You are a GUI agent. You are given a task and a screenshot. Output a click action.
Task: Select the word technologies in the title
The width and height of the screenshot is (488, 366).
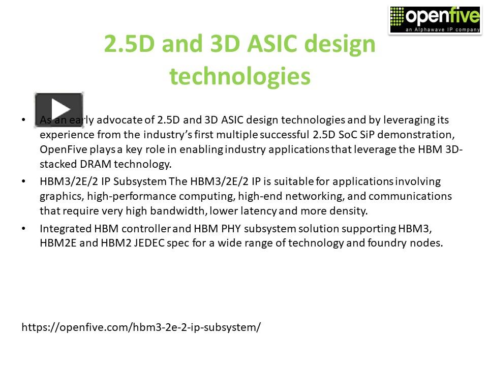pos(240,76)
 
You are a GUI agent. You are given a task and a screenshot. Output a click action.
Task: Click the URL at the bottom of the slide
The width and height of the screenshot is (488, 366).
pos(141,327)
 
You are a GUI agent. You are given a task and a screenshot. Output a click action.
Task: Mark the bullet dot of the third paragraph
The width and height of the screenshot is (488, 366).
pos(23,229)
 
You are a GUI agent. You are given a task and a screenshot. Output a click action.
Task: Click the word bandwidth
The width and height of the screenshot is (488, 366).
pos(169,210)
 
